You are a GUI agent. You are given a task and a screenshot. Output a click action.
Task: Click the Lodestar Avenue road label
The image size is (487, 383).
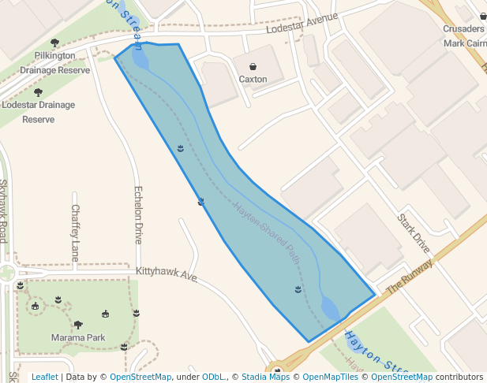click(302, 23)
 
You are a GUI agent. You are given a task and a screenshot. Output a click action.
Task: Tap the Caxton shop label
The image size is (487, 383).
click(253, 80)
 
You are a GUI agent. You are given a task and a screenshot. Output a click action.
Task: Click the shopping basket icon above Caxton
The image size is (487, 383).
click(253, 67)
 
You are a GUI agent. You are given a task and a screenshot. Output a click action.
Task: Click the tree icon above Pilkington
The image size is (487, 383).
click(54, 43)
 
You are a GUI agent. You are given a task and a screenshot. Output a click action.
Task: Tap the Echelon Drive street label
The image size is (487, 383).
click(139, 214)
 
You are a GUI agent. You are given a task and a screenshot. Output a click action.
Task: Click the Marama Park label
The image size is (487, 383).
click(78, 338)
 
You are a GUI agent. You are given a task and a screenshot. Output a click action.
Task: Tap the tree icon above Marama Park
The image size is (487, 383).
click(78, 324)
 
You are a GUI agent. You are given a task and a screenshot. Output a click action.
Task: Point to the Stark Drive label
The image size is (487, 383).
click(414, 232)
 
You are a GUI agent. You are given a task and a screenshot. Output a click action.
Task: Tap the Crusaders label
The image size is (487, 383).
click(463, 29)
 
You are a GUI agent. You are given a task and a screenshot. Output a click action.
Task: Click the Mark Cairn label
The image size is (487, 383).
click(465, 43)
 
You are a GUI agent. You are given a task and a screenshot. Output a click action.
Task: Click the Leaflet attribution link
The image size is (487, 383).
click(44, 377)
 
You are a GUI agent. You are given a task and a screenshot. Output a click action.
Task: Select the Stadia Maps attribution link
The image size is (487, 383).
click(265, 377)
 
